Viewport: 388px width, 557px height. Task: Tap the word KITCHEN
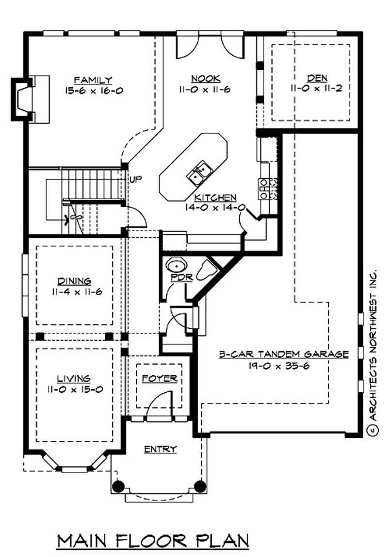(215, 198)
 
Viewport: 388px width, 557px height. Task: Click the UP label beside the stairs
(135, 180)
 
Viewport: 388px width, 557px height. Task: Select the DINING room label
(74, 281)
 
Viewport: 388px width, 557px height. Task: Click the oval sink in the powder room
(176, 267)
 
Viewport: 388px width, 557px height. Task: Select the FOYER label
(160, 379)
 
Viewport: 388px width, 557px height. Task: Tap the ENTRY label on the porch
(160, 449)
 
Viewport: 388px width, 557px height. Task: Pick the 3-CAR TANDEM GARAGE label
(283, 354)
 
